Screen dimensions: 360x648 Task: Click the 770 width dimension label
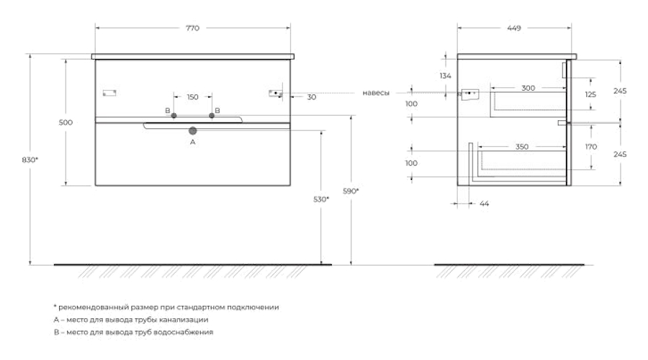tap(192, 28)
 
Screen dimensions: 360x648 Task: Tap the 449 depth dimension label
tap(513, 28)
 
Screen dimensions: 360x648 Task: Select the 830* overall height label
tap(30, 159)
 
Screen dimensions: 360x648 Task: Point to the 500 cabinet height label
tap(66, 122)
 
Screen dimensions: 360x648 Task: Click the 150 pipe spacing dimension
tap(192, 97)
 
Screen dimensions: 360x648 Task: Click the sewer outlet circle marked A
tap(192, 130)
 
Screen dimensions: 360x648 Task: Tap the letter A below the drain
tap(192, 143)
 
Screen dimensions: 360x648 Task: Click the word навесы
tap(376, 93)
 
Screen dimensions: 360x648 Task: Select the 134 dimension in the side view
tap(445, 76)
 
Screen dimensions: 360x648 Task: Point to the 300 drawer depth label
tap(528, 88)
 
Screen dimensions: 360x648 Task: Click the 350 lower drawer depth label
tap(522, 147)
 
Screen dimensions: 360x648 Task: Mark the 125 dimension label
tap(590, 94)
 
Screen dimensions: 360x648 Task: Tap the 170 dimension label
tap(590, 147)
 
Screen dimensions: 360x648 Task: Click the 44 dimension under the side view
tap(484, 204)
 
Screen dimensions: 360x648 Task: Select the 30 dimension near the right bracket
tap(311, 96)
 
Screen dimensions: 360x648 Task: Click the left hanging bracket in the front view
tap(109, 92)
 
